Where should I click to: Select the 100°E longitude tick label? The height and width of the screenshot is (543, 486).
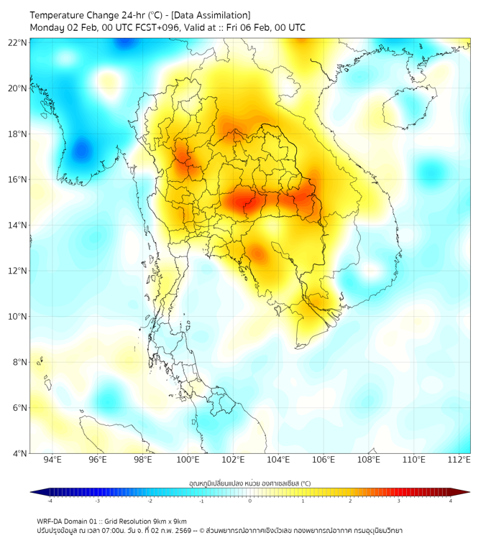188,460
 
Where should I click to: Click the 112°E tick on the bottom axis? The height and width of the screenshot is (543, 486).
459,460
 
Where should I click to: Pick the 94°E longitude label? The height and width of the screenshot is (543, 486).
52,460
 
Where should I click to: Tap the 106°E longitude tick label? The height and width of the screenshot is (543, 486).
324,460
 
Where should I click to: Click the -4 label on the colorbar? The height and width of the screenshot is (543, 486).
50,501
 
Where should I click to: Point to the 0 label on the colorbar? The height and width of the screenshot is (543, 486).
250,501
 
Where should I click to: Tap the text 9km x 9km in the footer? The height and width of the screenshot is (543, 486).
170,521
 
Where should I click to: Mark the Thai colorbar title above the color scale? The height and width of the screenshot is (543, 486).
249,483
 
